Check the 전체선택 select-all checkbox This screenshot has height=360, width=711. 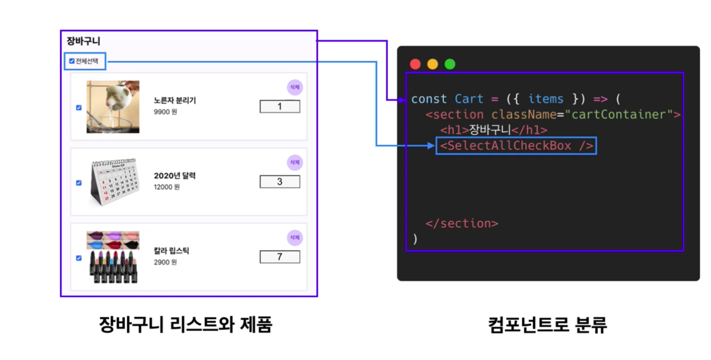(x=72, y=61)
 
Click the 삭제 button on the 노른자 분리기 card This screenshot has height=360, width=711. (x=295, y=88)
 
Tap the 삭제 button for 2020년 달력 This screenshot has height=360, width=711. (x=295, y=162)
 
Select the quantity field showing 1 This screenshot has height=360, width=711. (x=280, y=106)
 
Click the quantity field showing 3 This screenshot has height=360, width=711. (x=280, y=182)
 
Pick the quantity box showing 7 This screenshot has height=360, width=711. (x=280, y=256)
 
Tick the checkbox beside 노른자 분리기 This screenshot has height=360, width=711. (x=79, y=107)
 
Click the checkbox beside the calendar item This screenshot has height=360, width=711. (x=79, y=183)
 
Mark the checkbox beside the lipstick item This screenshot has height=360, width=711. (x=79, y=258)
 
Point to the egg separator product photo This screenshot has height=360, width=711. (x=113, y=107)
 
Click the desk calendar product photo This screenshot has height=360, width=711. (x=114, y=182)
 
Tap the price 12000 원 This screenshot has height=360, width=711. (x=167, y=187)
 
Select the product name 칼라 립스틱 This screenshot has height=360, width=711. (x=172, y=251)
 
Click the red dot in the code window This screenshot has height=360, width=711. (x=415, y=64)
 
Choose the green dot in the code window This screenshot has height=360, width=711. (x=450, y=64)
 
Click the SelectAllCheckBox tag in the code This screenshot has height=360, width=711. (x=516, y=146)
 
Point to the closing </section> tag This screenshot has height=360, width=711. (x=462, y=223)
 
